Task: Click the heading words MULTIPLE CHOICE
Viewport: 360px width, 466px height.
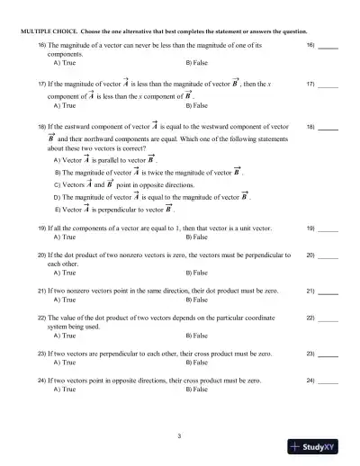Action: pos(44,30)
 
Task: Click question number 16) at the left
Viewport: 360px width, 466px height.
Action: pos(41,45)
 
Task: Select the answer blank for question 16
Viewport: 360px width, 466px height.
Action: pos(328,46)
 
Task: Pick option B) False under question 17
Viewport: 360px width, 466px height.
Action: pos(195,106)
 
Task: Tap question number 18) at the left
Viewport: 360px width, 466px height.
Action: pos(41,128)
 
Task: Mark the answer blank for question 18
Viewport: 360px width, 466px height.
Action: pos(328,129)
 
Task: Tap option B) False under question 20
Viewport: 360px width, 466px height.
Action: pos(195,271)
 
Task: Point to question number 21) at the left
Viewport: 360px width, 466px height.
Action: pos(41,291)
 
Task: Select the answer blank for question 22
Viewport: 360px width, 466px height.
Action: pos(328,318)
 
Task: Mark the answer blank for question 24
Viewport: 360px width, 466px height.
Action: pos(328,381)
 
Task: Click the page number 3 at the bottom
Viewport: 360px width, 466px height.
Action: pos(179,436)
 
